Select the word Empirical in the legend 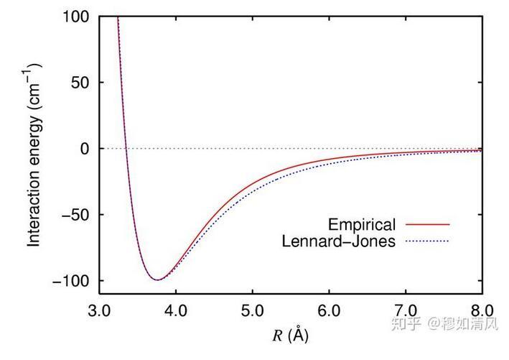click(x=362, y=224)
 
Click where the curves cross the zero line click(x=126, y=149)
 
